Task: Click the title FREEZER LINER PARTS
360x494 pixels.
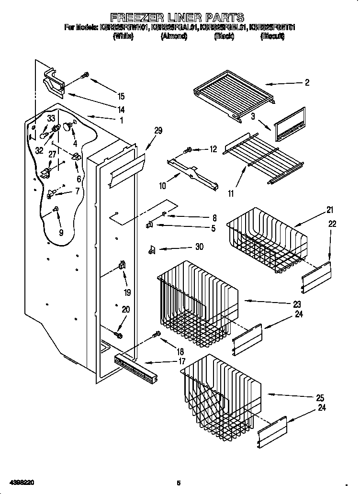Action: pyautogui.click(x=178, y=18)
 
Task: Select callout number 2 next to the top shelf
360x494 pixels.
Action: pyautogui.click(x=306, y=82)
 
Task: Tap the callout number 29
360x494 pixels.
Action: pyautogui.click(x=158, y=130)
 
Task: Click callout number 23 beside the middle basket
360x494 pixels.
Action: pyautogui.click(x=297, y=304)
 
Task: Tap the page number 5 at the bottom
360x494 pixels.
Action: pyautogui.click(x=178, y=483)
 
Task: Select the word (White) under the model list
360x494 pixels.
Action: pyautogui.click(x=123, y=36)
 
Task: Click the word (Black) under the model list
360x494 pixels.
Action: pyautogui.click(x=224, y=36)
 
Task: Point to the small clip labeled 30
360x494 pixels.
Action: pyautogui.click(x=152, y=248)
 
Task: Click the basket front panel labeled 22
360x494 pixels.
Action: pyautogui.click(x=315, y=277)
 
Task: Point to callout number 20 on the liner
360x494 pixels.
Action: pyautogui.click(x=125, y=310)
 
